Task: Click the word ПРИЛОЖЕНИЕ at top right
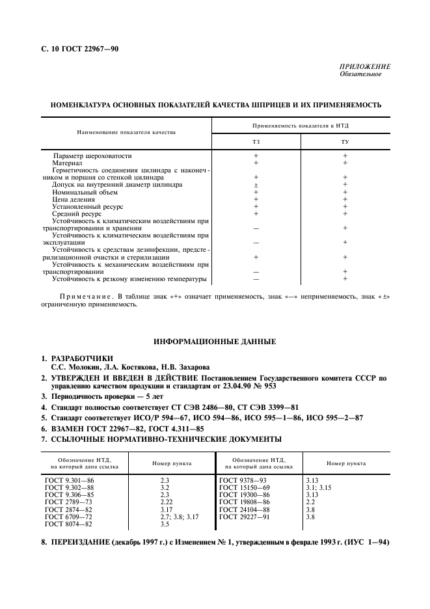365,66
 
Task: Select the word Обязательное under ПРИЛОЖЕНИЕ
360,74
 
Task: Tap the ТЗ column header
256,142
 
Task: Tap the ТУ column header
345,142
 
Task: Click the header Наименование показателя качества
126,132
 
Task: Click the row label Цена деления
74,199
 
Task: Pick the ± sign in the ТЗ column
256,185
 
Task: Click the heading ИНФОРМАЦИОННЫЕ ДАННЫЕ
215,342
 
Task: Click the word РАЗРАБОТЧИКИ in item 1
81,359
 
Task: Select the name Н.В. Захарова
182,367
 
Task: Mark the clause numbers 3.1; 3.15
319,487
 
